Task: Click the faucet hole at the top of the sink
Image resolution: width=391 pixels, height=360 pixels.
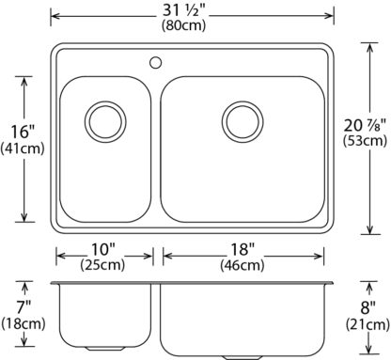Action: click(155, 63)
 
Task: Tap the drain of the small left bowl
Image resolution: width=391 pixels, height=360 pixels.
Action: click(105, 122)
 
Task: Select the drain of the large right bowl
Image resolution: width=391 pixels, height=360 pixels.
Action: click(242, 122)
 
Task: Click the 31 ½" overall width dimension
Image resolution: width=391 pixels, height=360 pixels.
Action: click(183, 11)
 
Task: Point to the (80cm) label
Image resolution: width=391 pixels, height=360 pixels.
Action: click(184, 25)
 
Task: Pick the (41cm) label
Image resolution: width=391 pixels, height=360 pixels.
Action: click(23, 149)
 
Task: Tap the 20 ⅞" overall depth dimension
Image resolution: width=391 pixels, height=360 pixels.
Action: click(365, 125)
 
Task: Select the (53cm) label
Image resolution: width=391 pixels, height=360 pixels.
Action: click(365, 140)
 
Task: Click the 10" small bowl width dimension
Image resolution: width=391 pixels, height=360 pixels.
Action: click(103, 249)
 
